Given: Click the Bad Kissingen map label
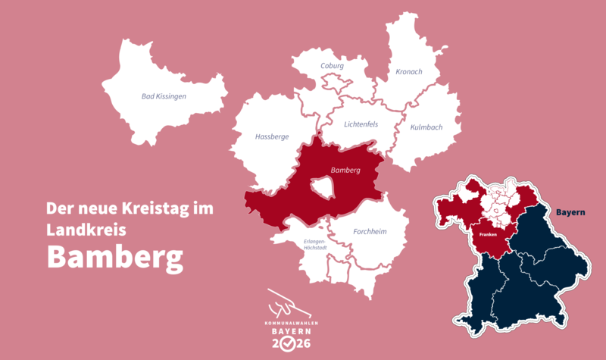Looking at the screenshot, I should click(164, 96).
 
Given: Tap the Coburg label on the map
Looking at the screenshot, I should click(333, 66).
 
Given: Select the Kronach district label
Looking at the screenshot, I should click(409, 72).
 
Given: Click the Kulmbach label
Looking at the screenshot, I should click(426, 127).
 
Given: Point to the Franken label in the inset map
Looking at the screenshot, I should click(487, 235).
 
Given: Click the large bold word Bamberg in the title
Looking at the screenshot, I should click(115, 256).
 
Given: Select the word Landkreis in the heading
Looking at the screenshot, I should click(80, 227).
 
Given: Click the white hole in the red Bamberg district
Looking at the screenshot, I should click(322, 186).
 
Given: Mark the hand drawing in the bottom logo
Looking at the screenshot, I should click(289, 304).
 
